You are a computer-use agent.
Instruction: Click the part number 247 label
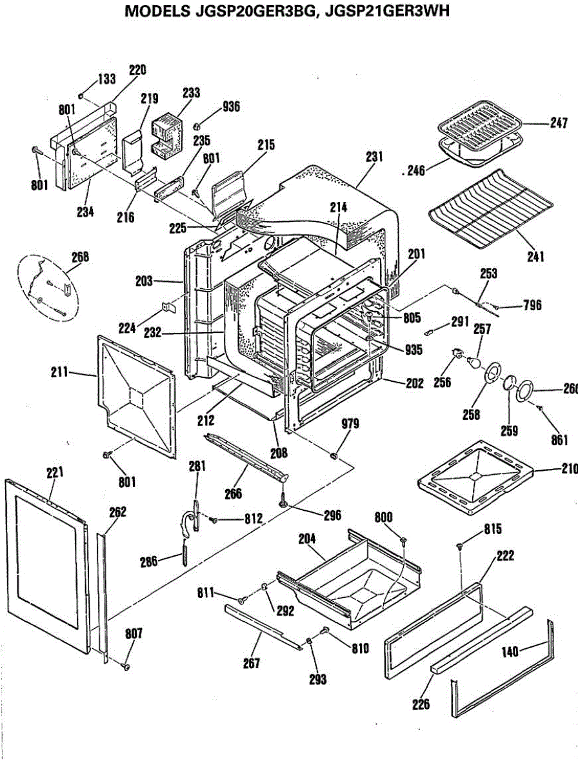(559, 123)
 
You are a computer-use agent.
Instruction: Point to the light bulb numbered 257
(473, 362)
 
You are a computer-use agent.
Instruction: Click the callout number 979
(350, 424)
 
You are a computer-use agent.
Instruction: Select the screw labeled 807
(125, 666)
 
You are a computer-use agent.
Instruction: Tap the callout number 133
(106, 79)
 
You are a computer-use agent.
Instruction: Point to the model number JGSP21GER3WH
(387, 11)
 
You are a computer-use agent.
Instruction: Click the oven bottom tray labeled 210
(475, 478)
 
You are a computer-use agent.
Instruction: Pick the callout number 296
(332, 515)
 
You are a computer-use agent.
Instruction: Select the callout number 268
(81, 257)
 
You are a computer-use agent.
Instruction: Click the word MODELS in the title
(157, 11)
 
